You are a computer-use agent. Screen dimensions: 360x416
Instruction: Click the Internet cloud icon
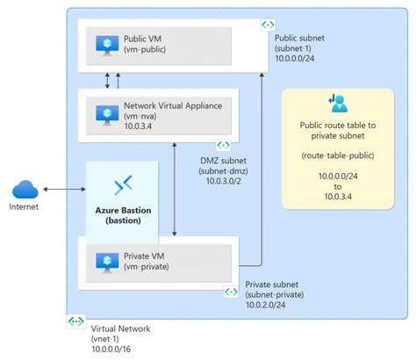coord(25,189)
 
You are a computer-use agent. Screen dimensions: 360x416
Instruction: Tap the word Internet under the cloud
coord(24,208)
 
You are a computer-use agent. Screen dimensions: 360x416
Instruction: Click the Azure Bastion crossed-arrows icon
coord(124,184)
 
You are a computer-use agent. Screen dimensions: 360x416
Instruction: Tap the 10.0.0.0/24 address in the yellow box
coord(337,176)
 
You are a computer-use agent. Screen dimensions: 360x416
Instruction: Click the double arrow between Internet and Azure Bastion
coord(63,189)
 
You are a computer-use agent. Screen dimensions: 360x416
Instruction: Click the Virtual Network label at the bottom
coord(121,328)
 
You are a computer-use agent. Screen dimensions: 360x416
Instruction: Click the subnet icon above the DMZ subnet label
coord(223,144)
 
